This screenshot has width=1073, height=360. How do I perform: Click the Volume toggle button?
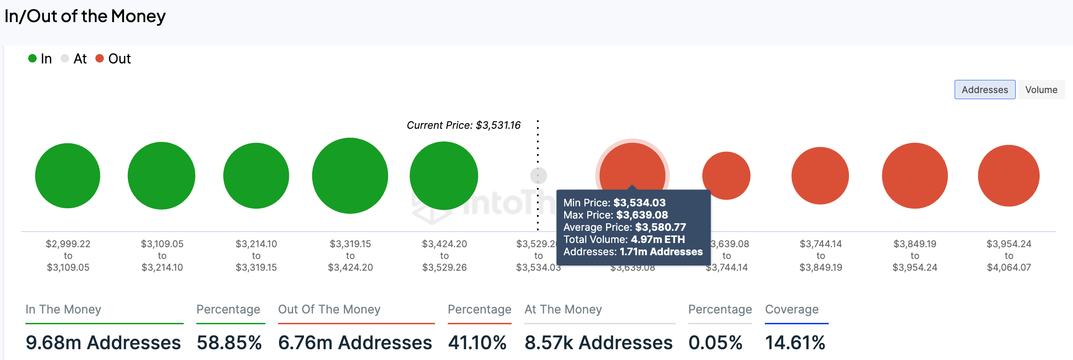tap(1041, 90)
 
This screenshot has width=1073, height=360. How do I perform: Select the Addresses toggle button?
tap(985, 90)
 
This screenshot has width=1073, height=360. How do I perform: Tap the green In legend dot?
tap(32, 58)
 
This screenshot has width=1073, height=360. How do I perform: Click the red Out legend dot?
tap(100, 58)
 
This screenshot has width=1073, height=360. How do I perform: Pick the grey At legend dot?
tap(65, 58)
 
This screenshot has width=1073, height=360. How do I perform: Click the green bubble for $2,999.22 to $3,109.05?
tap(68, 176)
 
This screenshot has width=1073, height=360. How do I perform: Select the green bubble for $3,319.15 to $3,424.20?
tap(350, 176)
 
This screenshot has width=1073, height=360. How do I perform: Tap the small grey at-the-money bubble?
tap(538, 176)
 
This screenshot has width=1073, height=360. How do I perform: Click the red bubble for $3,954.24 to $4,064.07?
tap(1009, 176)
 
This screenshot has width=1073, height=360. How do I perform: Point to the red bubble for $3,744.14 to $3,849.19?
tap(820, 176)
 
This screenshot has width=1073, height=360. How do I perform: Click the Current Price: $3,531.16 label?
tap(463, 125)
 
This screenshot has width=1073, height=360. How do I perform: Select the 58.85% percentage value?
tap(229, 343)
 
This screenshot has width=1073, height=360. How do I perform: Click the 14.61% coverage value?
tap(795, 343)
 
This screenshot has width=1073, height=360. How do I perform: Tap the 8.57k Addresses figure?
tap(599, 343)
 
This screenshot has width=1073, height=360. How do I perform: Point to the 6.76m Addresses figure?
tap(355, 343)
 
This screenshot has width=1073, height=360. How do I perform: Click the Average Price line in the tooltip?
tap(624, 227)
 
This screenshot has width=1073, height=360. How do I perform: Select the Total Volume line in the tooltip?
tap(624, 240)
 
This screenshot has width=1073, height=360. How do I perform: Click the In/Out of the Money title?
tap(85, 16)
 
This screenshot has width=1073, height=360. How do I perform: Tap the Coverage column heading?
tap(792, 309)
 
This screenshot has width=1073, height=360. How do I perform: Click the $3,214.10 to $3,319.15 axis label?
tap(256, 256)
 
